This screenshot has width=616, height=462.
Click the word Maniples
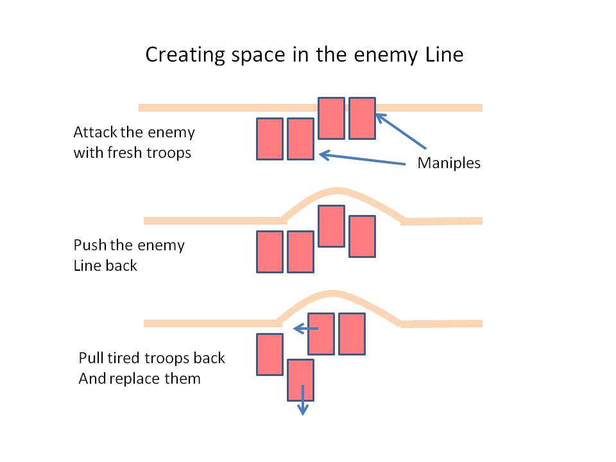449,163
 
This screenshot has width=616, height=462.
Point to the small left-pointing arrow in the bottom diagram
305,329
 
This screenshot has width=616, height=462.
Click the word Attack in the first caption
94,133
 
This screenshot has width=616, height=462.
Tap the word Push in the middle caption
88,245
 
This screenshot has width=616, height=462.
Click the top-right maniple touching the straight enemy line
362,118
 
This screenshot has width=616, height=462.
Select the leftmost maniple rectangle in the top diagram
269,139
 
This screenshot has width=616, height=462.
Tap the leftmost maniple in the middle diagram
269,252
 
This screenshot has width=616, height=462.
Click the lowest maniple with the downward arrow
300,380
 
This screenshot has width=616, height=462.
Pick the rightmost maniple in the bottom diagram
352,334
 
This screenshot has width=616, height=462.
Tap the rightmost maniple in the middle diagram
362,236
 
